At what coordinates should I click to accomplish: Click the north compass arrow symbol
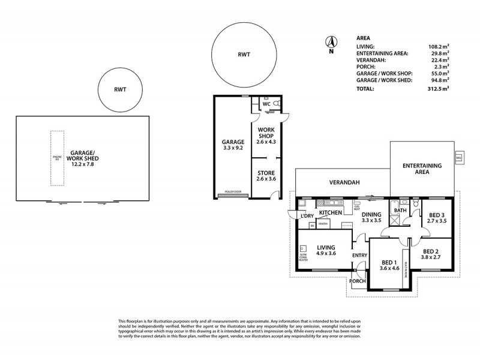click(330, 42)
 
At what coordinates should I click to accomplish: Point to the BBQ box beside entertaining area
click(459, 158)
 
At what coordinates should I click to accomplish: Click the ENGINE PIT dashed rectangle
click(58, 158)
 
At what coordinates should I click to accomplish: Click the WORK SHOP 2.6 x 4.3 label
click(266, 136)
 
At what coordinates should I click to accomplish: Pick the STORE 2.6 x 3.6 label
click(266, 176)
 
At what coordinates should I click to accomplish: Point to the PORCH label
click(358, 281)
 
